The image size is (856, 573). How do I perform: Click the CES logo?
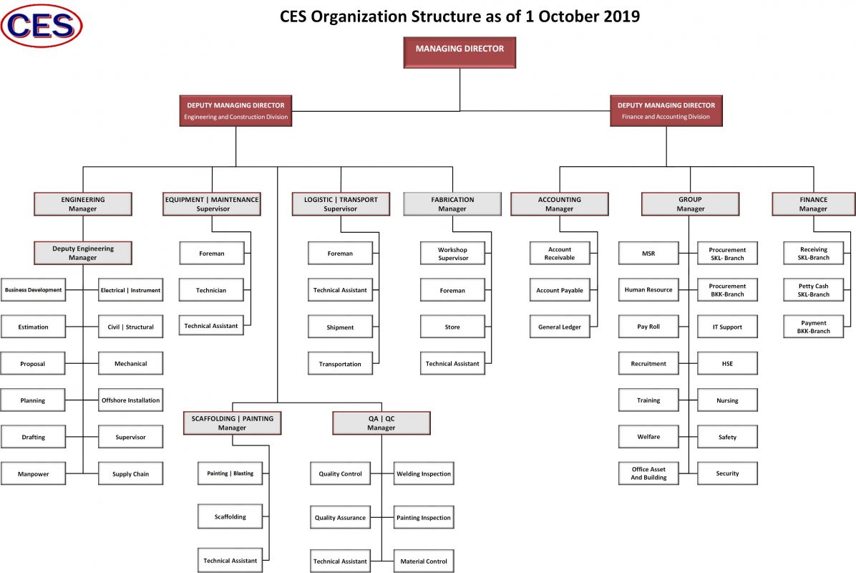click(42, 25)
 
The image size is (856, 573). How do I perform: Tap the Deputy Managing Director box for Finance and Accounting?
click(666, 110)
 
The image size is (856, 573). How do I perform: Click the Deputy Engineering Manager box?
click(83, 253)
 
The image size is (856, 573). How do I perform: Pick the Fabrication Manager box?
click(452, 204)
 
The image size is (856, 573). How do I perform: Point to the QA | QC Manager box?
click(381, 423)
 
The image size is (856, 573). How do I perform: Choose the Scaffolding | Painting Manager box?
click(232, 423)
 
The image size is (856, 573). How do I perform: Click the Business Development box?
click(33, 290)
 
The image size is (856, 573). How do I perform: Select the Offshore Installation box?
click(130, 400)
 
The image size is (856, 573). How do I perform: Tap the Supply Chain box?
click(130, 473)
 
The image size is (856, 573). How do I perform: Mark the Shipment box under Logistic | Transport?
click(340, 327)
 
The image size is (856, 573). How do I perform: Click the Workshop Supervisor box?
click(452, 254)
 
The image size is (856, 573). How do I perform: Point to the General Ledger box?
click(560, 327)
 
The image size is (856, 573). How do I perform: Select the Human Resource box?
click(648, 290)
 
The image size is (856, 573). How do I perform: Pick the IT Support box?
click(727, 327)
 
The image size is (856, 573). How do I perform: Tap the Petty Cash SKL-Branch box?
click(813, 290)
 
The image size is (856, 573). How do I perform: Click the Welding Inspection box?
click(423, 473)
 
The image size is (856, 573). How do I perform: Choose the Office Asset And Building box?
click(648, 473)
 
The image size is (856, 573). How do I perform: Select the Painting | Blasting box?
click(230, 473)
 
